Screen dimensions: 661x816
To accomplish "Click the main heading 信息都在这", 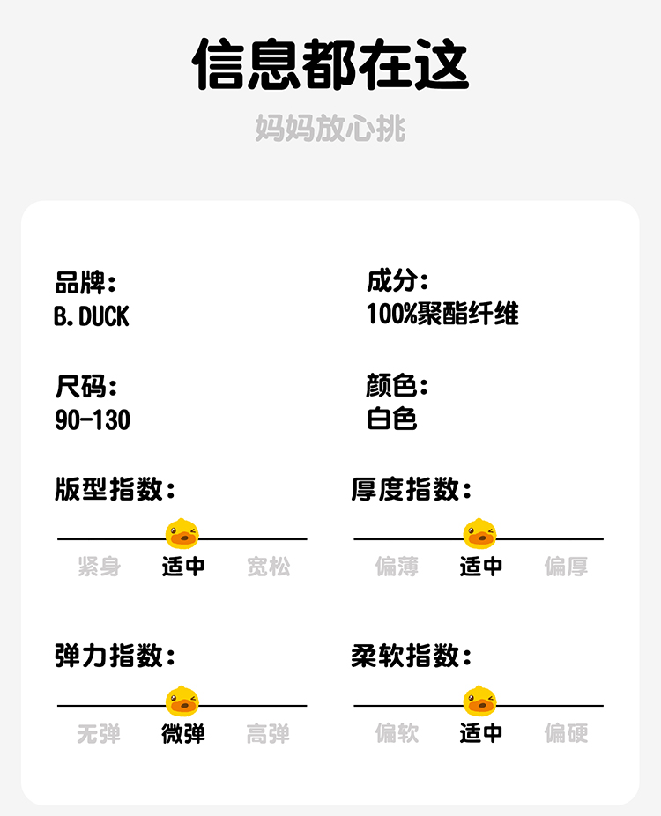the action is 330,63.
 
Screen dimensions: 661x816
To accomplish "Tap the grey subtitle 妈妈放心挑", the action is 330,129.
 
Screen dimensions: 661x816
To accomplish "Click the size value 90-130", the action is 93,419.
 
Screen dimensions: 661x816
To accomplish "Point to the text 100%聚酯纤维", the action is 442,315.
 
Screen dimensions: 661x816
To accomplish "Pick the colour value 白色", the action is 391,419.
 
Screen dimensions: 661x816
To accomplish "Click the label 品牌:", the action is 85,284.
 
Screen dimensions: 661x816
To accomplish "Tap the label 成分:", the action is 397,282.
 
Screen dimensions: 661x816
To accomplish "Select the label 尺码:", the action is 85,386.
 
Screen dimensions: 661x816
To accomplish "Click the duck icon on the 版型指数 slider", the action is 182,534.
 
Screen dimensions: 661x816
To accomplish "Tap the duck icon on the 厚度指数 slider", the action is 479,534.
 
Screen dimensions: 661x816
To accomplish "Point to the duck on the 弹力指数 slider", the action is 182,701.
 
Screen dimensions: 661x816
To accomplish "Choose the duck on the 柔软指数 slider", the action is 479,701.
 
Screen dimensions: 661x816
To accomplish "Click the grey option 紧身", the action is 99,567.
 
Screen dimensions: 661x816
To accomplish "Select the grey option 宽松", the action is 268,567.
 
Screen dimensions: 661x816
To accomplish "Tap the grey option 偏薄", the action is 397,567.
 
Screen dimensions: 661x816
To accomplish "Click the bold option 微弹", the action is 183,733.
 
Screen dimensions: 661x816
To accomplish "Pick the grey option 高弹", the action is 268,733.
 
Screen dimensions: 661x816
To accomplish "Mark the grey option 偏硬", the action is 566,733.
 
